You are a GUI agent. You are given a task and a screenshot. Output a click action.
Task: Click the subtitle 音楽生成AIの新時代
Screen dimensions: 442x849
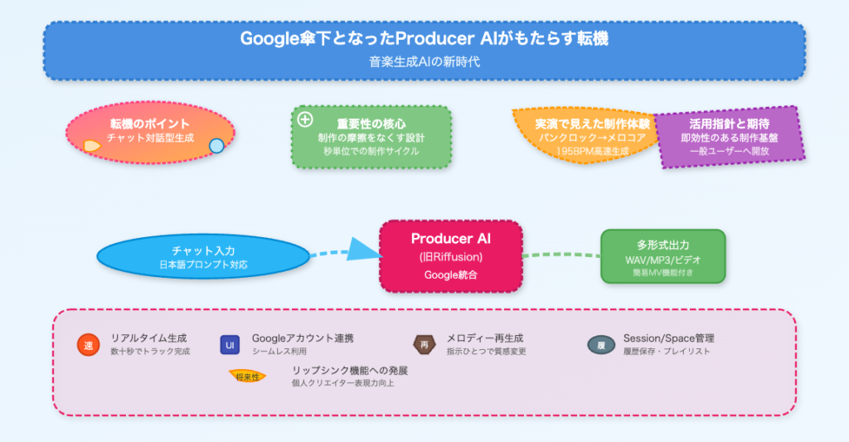coord(424,61)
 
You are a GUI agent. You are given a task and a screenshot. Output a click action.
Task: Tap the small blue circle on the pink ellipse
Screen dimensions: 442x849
coord(216,146)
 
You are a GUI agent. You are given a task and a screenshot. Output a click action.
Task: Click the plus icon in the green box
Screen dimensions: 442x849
coord(305,119)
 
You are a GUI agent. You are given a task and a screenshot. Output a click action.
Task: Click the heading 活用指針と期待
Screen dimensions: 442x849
coord(730,124)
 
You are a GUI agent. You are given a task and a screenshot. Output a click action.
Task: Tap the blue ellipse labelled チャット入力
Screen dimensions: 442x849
coord(202,257)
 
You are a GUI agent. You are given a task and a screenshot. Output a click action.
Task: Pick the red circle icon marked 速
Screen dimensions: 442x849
coord(88,345)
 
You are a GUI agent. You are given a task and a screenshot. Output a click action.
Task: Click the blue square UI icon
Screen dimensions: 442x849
coord(230,345)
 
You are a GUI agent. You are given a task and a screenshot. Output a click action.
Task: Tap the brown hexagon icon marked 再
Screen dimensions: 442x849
coord(424,345)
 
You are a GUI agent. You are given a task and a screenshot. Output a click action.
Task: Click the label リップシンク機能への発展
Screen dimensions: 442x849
coord(349,371)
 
